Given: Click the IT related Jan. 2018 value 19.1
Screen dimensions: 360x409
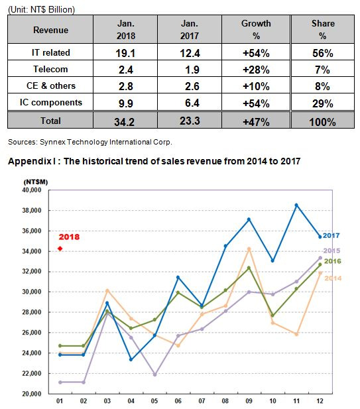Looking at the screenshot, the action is [125, 53].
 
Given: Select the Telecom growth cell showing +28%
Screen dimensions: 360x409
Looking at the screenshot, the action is [256, 70].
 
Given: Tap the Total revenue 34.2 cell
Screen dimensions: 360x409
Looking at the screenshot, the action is [125, 122].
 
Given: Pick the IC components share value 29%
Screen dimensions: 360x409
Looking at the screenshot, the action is [323, 103].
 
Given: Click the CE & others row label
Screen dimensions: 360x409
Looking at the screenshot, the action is [51, 86].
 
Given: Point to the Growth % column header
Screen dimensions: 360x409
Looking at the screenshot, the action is [256, 29].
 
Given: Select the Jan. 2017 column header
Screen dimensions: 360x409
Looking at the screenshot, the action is [190, 29].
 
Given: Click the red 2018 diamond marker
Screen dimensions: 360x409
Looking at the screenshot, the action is [60, 249].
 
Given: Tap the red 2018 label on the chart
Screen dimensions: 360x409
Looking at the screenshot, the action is [69, 237].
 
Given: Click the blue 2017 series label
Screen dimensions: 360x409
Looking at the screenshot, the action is [331, 235].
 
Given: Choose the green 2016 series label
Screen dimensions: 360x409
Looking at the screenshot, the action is [332, 261].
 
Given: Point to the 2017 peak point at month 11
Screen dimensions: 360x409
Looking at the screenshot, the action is [296, 205].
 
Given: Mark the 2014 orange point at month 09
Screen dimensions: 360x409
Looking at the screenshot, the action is [249, 249].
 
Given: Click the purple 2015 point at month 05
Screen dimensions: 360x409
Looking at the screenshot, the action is [154, 375].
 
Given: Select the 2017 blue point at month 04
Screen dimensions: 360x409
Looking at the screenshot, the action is [131, 360].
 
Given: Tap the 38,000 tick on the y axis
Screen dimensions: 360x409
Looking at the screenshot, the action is [32, 211].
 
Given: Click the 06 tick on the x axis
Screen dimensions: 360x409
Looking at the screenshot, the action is [178, 401].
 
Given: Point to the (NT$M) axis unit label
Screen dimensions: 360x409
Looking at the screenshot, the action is [36, 182].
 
